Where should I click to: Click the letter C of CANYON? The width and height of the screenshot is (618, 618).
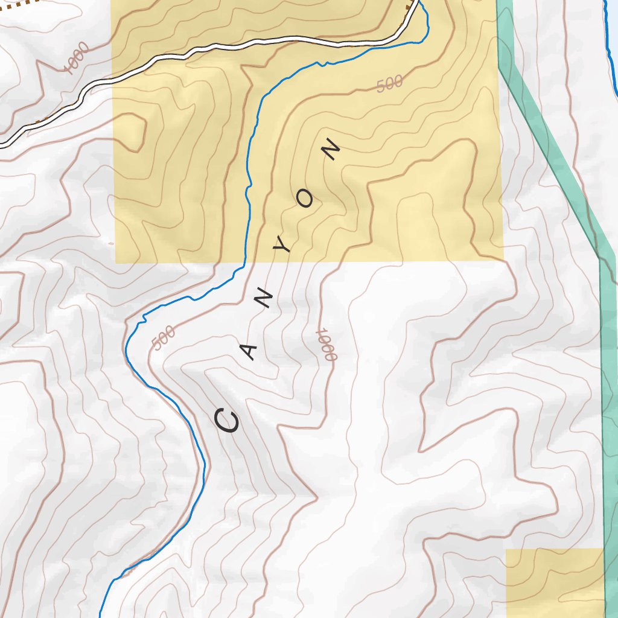[229, 421]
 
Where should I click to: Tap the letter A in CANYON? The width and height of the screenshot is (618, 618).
[249, 352]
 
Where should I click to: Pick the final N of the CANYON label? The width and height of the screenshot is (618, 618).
[331, 150]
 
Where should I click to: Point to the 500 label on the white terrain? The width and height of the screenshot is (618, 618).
[164, 338]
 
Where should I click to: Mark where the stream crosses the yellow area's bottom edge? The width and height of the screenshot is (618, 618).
[244, 263]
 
